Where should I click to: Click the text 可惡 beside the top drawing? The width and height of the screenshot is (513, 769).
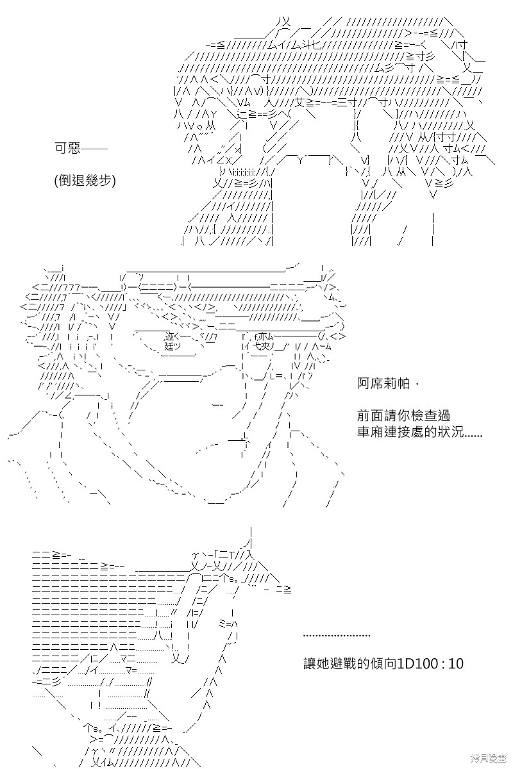[67, 148]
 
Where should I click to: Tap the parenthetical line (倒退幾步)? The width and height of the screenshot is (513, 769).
[85, 180]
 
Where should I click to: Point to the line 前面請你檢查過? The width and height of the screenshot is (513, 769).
[403, 415]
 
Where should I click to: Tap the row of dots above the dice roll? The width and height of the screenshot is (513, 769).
[337, 636]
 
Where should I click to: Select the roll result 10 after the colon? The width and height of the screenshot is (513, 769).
[456, 664]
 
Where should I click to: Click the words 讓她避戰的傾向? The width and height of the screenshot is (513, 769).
[349, 664]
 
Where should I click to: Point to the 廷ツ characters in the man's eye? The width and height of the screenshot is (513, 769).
[172, 346]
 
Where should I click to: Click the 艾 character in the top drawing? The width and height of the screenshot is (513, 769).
[299, 102]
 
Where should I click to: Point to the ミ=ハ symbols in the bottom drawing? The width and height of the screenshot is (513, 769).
[228, 624]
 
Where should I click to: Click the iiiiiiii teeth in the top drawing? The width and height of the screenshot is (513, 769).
[242, 170]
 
